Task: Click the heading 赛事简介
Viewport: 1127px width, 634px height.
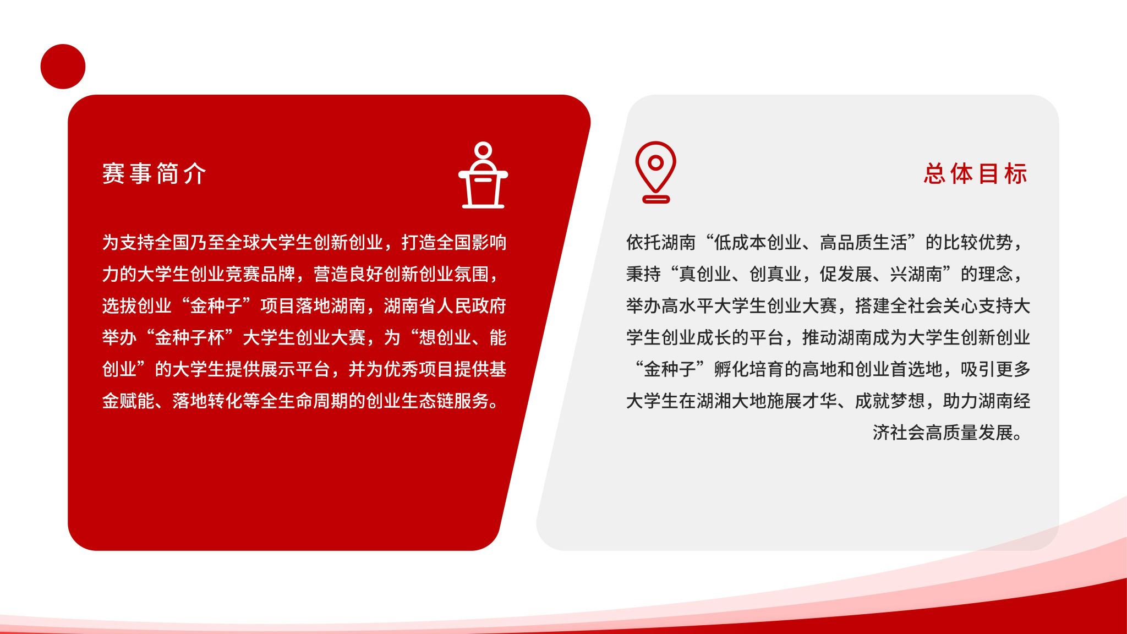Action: click(154, 173)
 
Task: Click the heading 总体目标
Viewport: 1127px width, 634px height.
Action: click(975, 173)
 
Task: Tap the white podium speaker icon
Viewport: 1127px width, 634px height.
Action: click(483, 175)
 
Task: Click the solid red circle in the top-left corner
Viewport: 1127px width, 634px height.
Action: click(63, 67)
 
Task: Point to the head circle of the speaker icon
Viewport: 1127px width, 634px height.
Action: click(483, 150)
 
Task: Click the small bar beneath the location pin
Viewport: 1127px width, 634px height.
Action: click(656, 199)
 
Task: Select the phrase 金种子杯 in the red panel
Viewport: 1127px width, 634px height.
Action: click(190, 337)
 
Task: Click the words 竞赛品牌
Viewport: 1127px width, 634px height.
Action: click(261, 274)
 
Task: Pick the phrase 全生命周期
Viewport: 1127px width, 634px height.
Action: click(305, 401)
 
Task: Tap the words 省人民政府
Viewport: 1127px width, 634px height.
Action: click(463, 305)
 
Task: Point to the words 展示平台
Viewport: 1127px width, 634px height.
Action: click(296, 369)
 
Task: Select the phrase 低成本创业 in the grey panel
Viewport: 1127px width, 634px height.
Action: click(758, 242)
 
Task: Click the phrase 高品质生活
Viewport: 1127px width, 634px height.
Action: click(863, 242)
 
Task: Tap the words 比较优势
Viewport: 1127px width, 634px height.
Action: click(978, 242)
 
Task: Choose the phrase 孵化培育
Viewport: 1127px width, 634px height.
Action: click(749, 369)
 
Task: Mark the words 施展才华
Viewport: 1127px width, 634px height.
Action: click(802, 401)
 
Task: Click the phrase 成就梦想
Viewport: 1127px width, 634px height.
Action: click(890, 401)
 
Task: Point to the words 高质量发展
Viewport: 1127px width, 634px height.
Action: click(969, 433)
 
